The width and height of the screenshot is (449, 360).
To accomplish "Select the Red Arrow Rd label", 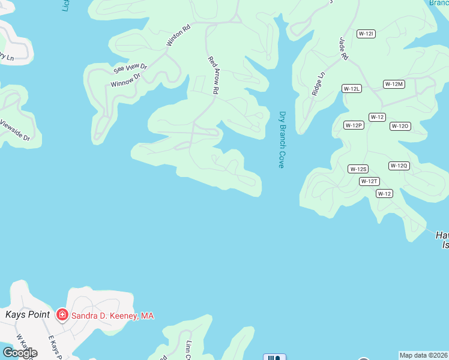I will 214,76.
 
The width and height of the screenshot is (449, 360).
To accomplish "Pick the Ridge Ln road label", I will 318,84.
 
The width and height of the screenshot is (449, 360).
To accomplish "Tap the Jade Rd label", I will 344,48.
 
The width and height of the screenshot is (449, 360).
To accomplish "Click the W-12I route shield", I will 366,34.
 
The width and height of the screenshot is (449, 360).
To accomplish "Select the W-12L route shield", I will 352,89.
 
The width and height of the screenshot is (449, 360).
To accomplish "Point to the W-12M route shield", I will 394,84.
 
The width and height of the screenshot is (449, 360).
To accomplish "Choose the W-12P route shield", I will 354,125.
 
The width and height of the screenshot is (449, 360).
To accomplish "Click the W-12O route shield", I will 400,126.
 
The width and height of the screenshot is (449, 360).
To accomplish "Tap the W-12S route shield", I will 358,169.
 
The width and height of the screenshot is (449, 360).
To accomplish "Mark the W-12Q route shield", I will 399,166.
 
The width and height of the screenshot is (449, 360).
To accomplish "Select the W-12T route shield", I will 370,181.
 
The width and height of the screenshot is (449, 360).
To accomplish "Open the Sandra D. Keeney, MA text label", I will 113,316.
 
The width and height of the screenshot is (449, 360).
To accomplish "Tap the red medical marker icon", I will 62,314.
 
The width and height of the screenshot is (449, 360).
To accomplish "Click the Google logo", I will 20,353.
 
